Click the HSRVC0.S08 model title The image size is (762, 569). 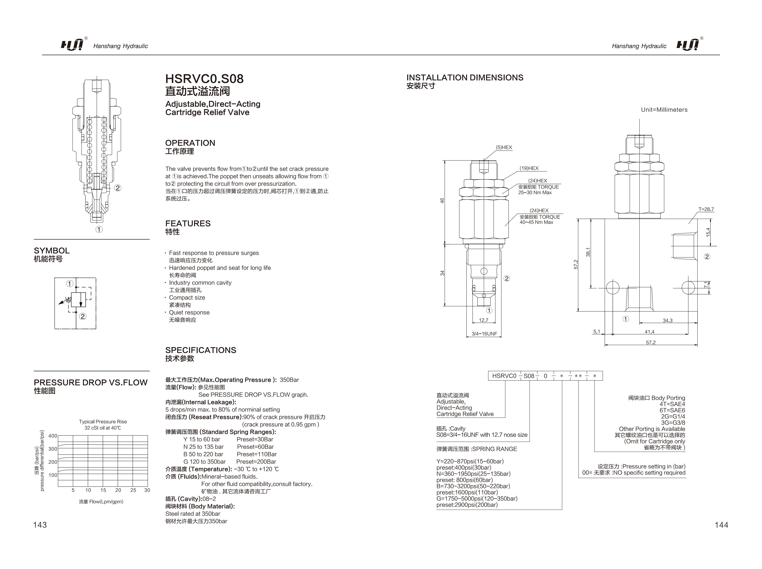coord(204,79)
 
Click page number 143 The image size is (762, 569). coord(40,525)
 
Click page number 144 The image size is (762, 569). coord(721,525)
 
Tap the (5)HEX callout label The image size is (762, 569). coord(504,147)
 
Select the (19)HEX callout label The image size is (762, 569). coord(529,168)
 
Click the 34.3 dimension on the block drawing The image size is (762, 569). coord(667,321)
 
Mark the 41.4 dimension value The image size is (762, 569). coord(649,332)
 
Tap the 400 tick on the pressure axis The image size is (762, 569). coord(53,436)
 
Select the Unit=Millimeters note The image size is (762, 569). coord(664,110)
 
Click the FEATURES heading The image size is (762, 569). coord(188,224)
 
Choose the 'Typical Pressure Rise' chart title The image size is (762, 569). coord(103,422)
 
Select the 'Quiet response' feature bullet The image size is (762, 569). coord(189,312)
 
